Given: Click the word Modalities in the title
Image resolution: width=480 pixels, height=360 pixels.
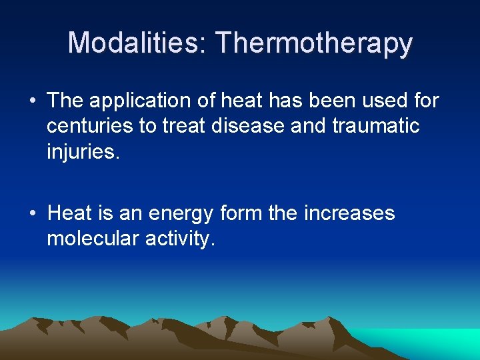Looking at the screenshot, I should pyautogui.click(x=137, y=43).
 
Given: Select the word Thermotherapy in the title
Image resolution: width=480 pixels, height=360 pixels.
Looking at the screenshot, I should pyautogui.click(x=314, y=44).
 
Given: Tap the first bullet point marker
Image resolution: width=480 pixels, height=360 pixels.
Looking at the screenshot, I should pyautogui.click(x=33, y=101).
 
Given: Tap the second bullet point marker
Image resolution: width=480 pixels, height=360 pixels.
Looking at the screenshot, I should pyautogui.click(x=33, y=214).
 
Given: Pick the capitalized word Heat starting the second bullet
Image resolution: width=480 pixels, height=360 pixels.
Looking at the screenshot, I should pyautogui.click(x=70, y=213).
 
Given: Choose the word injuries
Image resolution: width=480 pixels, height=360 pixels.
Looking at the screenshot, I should pyautogui.click(x=83, y=152).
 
